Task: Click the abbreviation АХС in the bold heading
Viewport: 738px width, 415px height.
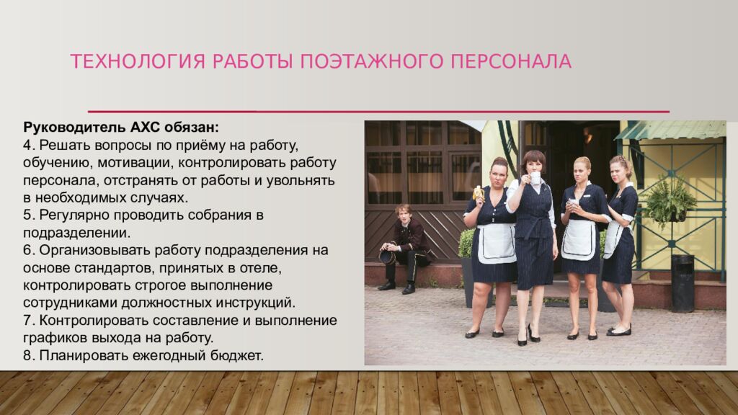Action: coord(148,128)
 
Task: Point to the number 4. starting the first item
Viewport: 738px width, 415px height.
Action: coord(28,145)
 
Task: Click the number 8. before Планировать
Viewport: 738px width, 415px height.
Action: coord(28,355)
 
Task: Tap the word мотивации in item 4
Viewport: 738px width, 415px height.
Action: coord(130,162)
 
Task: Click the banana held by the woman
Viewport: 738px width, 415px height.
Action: coord(477,192)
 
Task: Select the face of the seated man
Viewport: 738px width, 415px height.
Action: coord(404,214)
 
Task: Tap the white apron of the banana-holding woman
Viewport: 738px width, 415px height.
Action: coord(497,243)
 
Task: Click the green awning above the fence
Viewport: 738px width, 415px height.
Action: coord(671,130)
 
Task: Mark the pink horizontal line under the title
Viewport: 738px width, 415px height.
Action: coord(378,112)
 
